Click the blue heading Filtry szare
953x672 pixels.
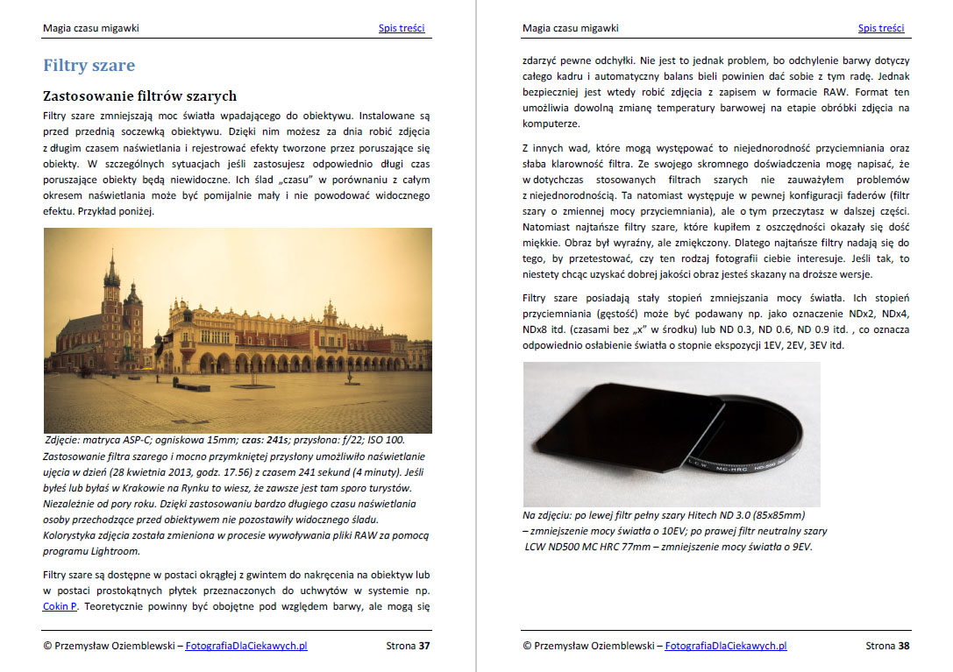(x=89, y=66)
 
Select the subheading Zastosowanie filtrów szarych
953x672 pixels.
(x=139, y=95)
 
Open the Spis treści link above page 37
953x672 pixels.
(x=402, y=28)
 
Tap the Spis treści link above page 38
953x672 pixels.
(x=881, y=28)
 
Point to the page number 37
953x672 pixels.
(x=423, y=647)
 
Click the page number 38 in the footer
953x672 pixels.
(x=903, y=647)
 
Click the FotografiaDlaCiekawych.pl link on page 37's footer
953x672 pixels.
(x=246, y=647)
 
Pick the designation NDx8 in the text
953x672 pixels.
(x=536, y=329)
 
